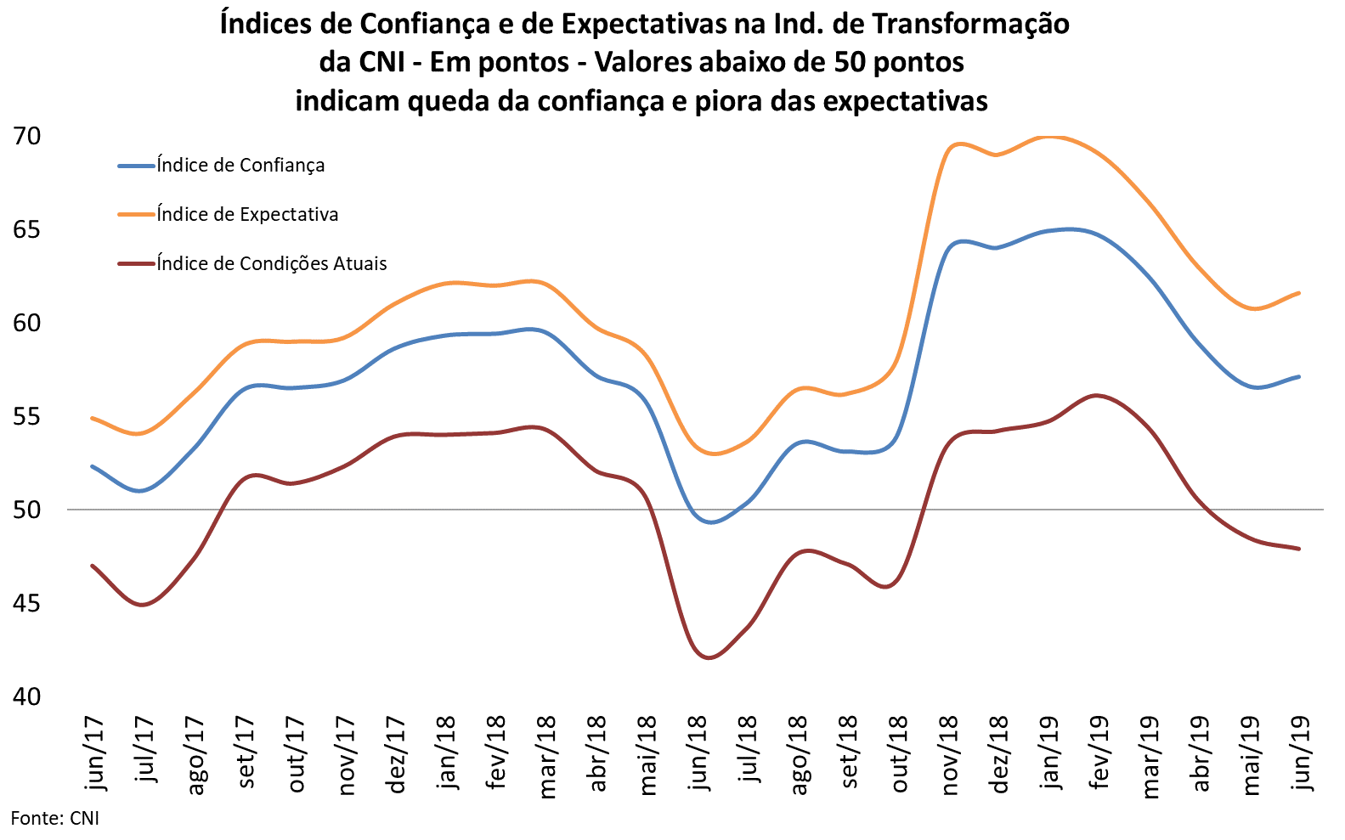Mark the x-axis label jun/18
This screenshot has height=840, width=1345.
pyautogui.click(x=698, y=752)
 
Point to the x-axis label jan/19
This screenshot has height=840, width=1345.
pyautogui.click(x=1049, y=752)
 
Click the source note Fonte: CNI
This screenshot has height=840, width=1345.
pyautogui.click(x=55, y=818)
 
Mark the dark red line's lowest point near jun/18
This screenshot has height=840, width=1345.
pyautogui.click(x=709, y=657)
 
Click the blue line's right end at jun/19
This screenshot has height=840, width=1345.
pyautogui.click(x=1299, y=376)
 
